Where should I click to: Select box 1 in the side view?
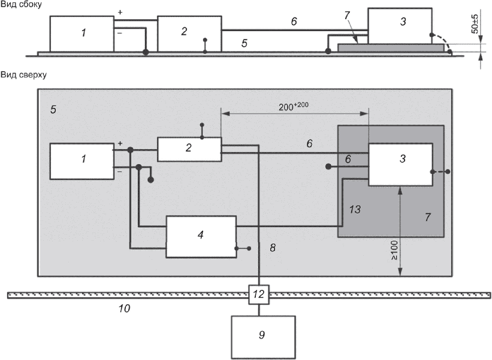tap(82, 34)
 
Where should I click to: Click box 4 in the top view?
tap(201, 237)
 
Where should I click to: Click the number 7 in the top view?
tap(427, 217)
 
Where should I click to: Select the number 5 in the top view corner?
tap(54, 111)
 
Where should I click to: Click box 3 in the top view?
tap(400, 164)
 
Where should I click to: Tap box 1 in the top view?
tap(82, 161)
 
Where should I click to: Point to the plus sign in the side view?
tap(120, 13)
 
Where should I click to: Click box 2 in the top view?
tap(189, 149)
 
